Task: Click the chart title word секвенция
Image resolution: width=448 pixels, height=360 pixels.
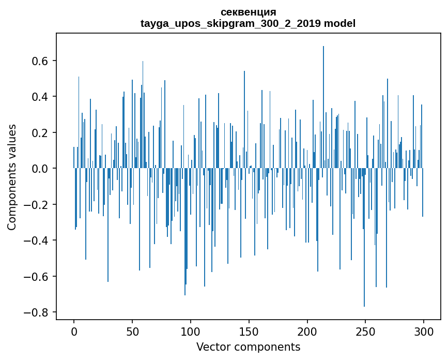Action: tap(248, 12)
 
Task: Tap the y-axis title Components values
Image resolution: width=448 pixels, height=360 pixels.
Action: tap(12, 177)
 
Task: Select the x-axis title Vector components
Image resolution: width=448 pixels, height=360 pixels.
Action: tap(248, 347)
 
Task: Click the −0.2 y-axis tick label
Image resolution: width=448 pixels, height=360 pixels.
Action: tap(36, 205)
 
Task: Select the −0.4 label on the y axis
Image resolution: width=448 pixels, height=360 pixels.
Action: tap(36, 241)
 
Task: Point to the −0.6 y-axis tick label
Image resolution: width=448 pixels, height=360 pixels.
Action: tap(36, 276)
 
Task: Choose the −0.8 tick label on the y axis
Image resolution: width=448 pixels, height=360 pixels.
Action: tap(36, 312)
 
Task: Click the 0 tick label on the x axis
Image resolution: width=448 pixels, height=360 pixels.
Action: tap(74, 331)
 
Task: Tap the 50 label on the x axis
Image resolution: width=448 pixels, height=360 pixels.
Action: tap(132, 331)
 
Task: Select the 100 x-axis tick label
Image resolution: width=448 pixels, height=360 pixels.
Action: tap(191, 331)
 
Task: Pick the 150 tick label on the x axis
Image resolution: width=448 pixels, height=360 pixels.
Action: tap(249, 331)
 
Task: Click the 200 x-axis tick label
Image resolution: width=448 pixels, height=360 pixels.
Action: tap(307, 331)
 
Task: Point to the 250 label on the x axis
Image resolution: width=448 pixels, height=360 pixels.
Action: tap(365, 331)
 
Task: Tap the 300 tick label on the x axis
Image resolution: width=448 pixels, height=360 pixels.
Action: tap(424, 331)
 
